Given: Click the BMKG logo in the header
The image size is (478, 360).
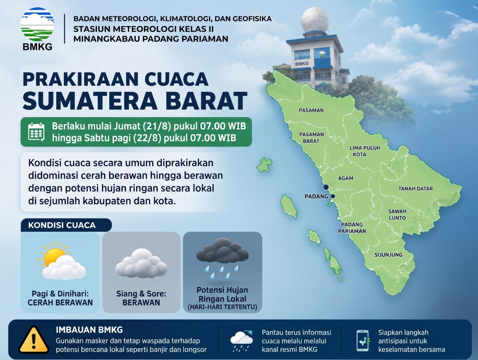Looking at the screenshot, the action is pyautogui.click(x=37, y=29).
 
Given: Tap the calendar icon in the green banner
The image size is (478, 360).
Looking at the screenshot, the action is pyautogui.click(x=36, y=131).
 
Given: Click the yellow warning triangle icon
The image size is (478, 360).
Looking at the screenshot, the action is pyautogui.click(x=34, y=340).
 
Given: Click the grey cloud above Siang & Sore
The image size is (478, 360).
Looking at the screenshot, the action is pyautogui.click(x=141, y=263).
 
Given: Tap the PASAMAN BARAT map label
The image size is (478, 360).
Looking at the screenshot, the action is pyautogui.click(x=311, y=138).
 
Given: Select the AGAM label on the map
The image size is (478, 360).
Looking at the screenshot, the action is pyautogui.click(x=346, y=178).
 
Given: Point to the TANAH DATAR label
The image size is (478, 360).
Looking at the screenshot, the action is pyautogui.click(x=415, y=189).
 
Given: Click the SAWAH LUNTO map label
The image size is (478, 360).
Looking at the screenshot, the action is pyautogui.click(x=397, y=214).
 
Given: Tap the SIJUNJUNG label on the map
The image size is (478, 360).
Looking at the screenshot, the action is pyautogui.click(x=389, y=255).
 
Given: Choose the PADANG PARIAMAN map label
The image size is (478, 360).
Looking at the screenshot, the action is pyautogui.click(x=352, y=228).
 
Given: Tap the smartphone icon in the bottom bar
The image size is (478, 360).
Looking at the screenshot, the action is pyautogui.click(x=363, y=340).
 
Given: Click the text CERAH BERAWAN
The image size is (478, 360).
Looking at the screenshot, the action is pyautogui.click(x=60, y=302).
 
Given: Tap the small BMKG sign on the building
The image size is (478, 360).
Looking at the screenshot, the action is pyautogui.click(x=302, y=64).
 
